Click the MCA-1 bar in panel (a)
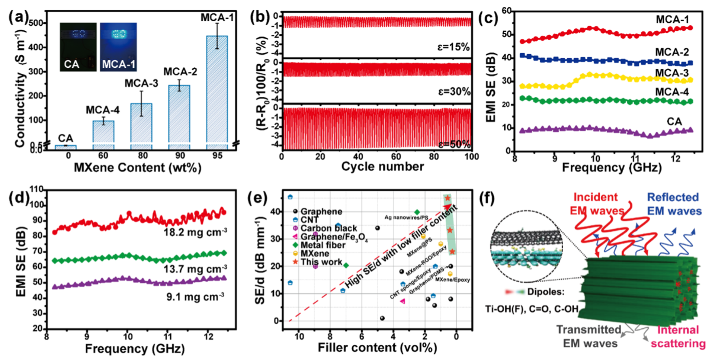pos(217,89)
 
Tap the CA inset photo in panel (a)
pos(78,47)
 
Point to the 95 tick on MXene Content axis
pos(217,155)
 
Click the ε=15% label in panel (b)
pos(453,47)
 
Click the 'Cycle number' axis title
pos(382,167)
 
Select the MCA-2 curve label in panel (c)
pos(672,52)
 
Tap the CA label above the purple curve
pos(674,122)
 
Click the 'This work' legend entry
pos(321,262)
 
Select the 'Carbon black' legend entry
pos(328,228)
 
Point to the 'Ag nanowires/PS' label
pos(406,217)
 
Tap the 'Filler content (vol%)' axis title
pos(377,348)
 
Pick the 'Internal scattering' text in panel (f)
pos(678,337)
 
